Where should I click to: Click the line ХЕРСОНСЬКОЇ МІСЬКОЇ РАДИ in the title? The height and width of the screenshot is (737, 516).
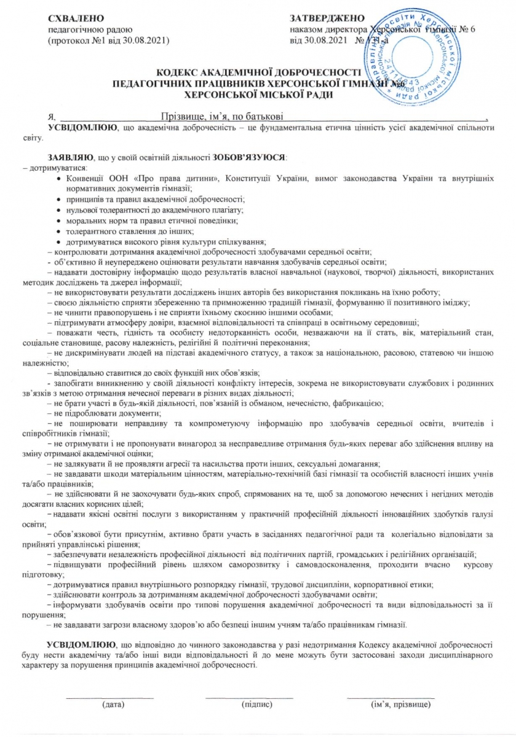pyautogui.click(x=258, y=95)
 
